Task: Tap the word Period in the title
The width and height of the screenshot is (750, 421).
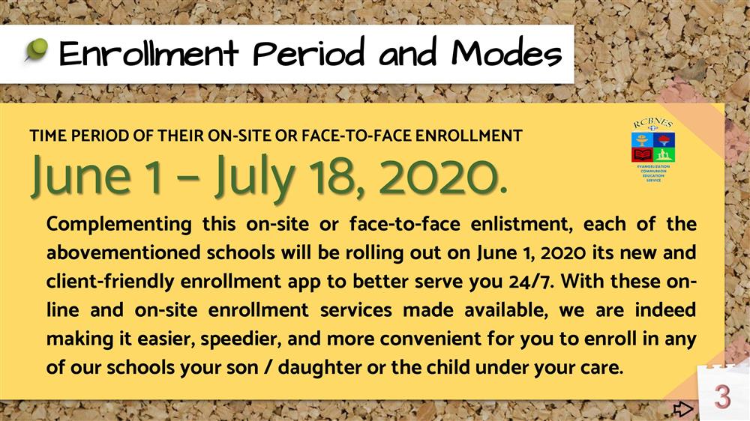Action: [309, 52]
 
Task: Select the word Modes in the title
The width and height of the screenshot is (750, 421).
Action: [506, 52]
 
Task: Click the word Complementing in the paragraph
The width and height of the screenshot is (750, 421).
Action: [118, 225]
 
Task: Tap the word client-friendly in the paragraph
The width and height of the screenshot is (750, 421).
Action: [110, 282]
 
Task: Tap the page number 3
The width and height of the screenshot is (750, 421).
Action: [723, 396]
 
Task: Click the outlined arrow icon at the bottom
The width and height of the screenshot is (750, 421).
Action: [682, 408]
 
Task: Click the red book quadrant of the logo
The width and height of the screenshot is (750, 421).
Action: [642, 154]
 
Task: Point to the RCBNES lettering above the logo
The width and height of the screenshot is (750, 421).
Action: [653, 124]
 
